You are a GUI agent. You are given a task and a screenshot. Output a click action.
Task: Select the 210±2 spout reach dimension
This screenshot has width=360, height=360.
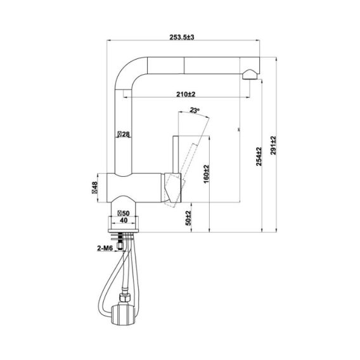coord(185,94)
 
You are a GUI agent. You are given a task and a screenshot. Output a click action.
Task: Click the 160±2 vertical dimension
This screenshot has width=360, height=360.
coord(207,171)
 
